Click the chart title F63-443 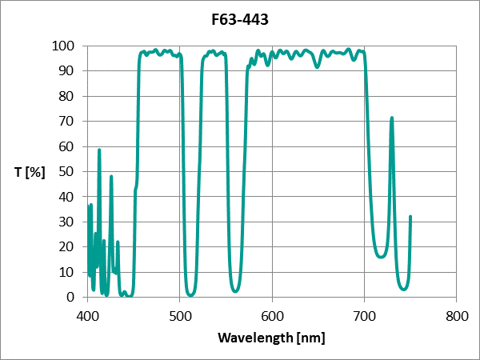[x=241, y=18]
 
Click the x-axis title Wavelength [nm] [x=271, y=338]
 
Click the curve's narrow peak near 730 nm [x=391, y=118]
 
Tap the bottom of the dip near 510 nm [x=190, y=294]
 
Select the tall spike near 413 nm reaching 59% [x=99, y=150]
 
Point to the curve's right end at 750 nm [x=410, y=216]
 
